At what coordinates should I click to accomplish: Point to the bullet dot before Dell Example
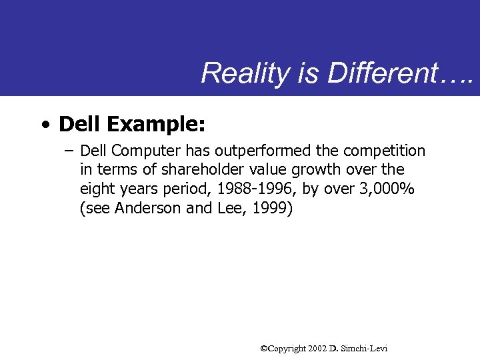point(44,125)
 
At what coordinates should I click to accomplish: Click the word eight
point(98,189)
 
